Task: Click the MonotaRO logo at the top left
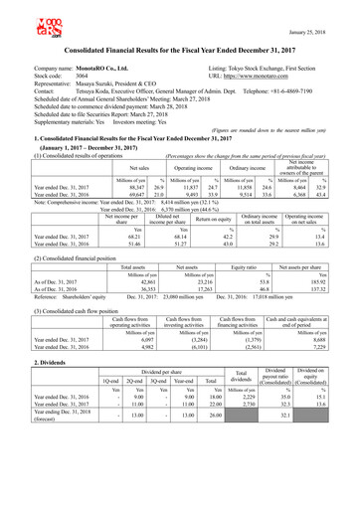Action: (x=31, y=20)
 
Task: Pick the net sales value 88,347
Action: (x=107, y=185)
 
